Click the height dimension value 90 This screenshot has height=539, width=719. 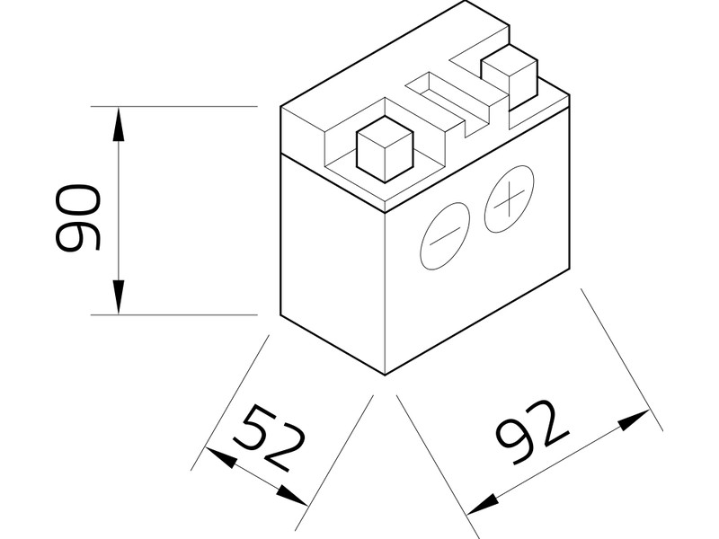tap(77, 218)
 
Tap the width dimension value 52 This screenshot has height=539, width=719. tap(269, 437)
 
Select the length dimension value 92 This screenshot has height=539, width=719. tap(533, 432)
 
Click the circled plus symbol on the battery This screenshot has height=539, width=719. tap(509, 199)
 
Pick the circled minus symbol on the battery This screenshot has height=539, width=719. tap(444, 236)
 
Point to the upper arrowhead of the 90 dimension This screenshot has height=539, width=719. tap(119, 123)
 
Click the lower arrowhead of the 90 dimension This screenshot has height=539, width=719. tap(119, 297)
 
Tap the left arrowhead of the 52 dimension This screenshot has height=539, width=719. tap(221, 457)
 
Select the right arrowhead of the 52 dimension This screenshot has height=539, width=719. tap(291, 496)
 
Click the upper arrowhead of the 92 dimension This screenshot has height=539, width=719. tap(635, 419)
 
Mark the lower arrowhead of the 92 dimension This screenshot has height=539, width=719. tap(483, 505)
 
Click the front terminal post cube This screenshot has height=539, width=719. tap(385, 149)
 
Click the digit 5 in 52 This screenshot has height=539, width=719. tap(253, 426)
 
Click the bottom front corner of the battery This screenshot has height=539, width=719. tap(385, 375)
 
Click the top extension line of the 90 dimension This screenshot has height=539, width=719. tap(174, 106)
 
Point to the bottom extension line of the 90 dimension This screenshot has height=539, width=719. tap(174, 315)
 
